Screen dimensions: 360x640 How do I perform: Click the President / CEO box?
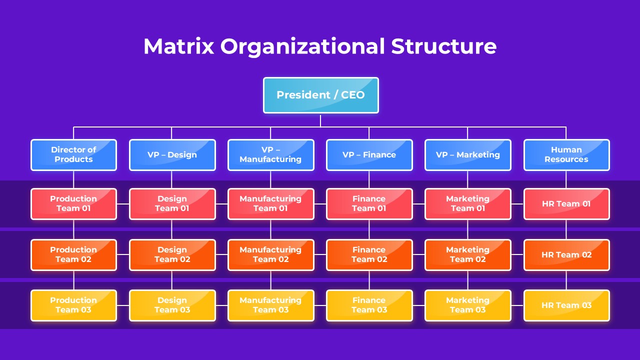[x=320, y=95]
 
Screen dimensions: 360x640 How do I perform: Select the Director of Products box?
[x=73, y=154]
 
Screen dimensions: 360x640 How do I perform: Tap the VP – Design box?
[x=172, y=154]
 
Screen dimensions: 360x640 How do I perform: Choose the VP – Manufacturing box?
[x=270, y=154]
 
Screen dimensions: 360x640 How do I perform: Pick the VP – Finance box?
[x=369, y=154]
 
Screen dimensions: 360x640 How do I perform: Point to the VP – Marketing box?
[x=467, y=154]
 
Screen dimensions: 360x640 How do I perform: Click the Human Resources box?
[x=566, y=154]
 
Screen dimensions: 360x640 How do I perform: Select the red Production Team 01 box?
[x=73, y=203]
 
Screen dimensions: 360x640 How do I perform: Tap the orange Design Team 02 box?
[x=172, y=254]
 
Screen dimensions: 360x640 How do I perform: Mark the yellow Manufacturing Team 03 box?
[x=270, y=305]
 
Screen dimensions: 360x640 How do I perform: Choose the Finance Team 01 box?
[x=369, y=203]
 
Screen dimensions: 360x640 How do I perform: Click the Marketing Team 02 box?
[x=467, y=254]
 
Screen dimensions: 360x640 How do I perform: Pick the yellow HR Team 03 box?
[x=566, y=305]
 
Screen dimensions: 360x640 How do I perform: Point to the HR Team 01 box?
[x=566, y=203]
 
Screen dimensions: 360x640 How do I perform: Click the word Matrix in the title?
[x=178, y=46]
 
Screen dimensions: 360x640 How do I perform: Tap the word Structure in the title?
[x=443, y=46]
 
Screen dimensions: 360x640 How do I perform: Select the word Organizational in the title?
[x=302, y=46]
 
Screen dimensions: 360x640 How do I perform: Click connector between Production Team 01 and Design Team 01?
[x=123, y=204]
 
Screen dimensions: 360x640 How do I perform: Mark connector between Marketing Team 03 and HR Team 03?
[x=517, y=305]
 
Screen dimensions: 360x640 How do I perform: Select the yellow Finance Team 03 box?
[x=369, y=305]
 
